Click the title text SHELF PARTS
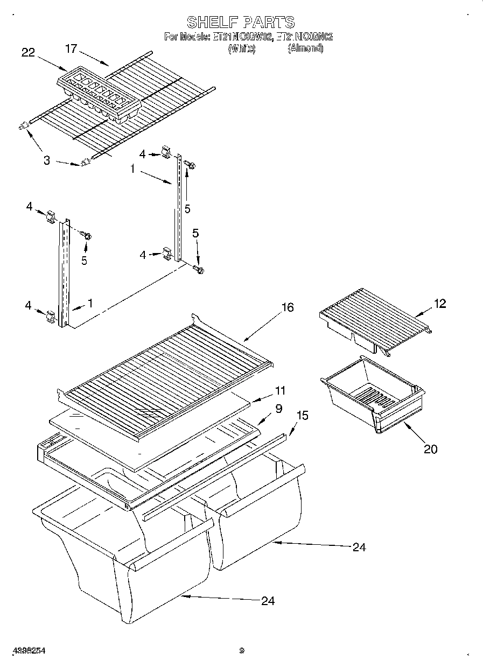click(241, 22)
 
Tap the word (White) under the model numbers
click(241, 48)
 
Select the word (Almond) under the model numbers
click(305, 48)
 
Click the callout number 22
click(28, 52)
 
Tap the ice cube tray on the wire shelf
click(99, 91)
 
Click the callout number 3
click(47, 160)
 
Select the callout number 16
click(288, 307)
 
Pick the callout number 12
click(440, 304)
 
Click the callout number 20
click(430, 448)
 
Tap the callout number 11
click(280, 390)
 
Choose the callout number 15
click(304, 416)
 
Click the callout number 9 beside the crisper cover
click(278, 409)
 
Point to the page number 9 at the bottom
click(242, 650)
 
